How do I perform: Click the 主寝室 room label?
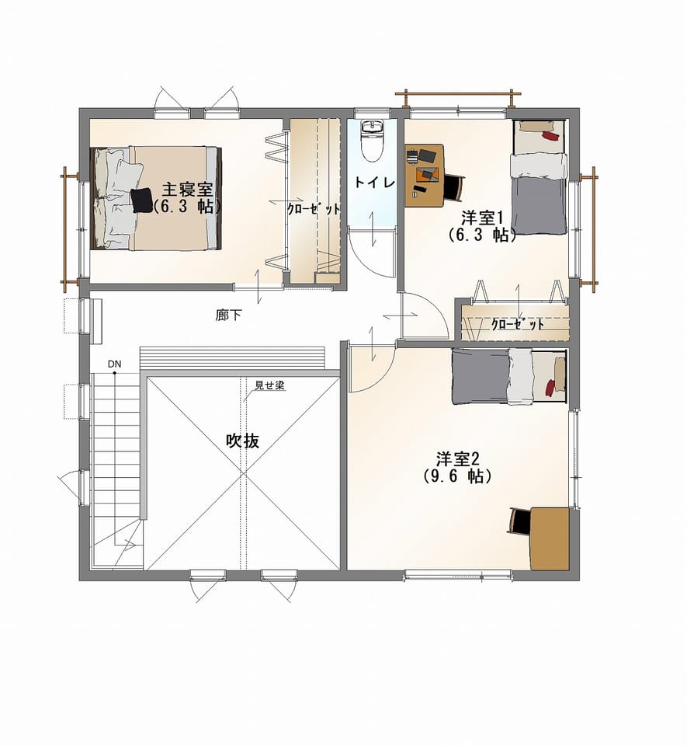pyautogui.click(x=187, y=190)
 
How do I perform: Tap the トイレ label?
pyautogui.click(x=375, y=182)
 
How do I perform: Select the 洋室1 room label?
pyautogui.click(x=482, y=218)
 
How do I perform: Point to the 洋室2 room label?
pyautogui.click(x=458, y=459)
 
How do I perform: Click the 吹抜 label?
pyautogui.click(x=243, y=441)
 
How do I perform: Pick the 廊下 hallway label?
pyautogui.click(x=228, y=315)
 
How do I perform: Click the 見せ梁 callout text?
pyautogui.click(x=269, y=385)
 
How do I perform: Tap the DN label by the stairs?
pyautogui.click(x=115, y=364)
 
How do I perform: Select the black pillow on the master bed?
pyautogui.click(x=141, y=200)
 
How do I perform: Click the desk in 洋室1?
pyautogui.click(x=425, y=175)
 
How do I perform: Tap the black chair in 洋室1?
pyautogui.click(x=453, y=187)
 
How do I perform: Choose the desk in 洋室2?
pyautogui.click(x=550, y=538)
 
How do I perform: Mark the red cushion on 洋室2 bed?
pyautogui.click(x=550, y=387)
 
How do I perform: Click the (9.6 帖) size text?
pyautogui.click(x=457, y=476)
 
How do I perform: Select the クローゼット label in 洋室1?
pyautogui.click(x=518, y=325)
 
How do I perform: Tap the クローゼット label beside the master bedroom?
pyautogui.click(x=314, y=208)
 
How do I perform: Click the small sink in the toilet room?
pyautogui.click(x=372, y=127)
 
